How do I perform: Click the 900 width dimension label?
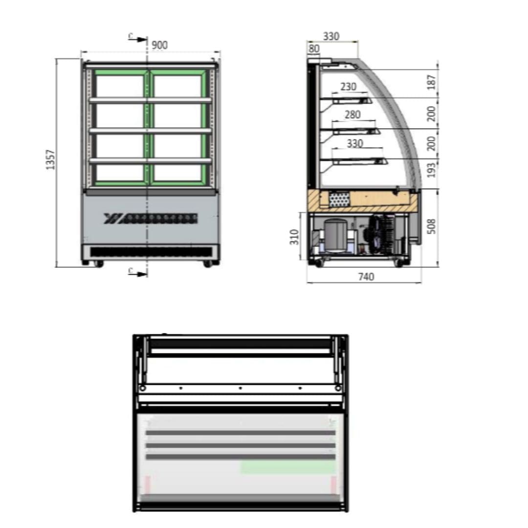click(159, 45)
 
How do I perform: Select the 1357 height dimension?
click(51, 159)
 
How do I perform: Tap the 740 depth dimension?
click(366, 277)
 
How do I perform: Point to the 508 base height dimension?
click(431, 226)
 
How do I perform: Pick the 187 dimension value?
click(431, 83)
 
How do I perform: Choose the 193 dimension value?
click(431, 169)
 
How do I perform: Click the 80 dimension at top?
click(314, 49)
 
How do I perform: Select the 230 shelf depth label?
click(348, 87)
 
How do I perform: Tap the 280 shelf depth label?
click(352, 114)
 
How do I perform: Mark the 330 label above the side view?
click(331, 36)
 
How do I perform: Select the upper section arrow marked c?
click(138, 39)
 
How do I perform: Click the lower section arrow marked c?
click(138, 272)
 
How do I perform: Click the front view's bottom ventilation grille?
click(151, 252)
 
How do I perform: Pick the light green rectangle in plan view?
click(287, 467)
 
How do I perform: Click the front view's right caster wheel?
click(208, 264)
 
